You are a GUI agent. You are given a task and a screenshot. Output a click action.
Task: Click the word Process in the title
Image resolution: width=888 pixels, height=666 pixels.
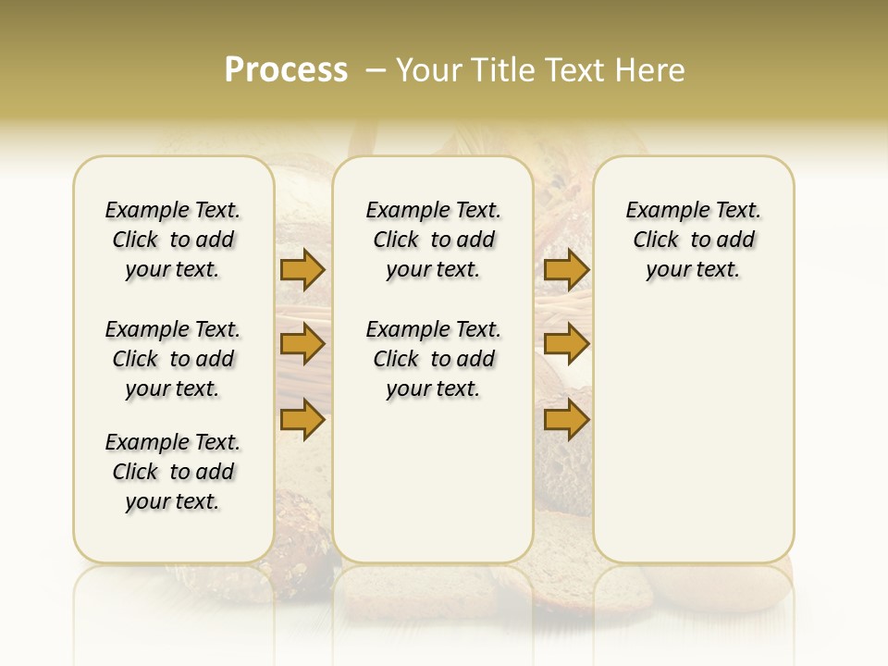pos(286,70)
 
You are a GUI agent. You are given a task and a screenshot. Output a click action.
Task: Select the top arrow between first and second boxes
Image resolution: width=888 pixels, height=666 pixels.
pos(302,269)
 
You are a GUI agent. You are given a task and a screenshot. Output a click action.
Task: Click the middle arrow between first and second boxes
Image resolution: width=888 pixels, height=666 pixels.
pos(302,344)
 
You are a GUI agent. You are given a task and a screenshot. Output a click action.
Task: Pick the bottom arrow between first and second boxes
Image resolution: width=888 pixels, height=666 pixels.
pos(302,419)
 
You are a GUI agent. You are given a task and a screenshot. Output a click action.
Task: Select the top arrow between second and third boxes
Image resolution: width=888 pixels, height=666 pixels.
pos(566,269)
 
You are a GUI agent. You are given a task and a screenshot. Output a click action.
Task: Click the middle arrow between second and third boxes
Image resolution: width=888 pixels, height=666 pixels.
pos(566,344)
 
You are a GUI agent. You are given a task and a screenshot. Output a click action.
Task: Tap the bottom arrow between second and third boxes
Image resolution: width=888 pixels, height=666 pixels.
pos(566,419)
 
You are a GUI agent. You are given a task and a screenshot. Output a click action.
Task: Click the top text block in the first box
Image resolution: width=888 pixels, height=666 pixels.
pos(173,240)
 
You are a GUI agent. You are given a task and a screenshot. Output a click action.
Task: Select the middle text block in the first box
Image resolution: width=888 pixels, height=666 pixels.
pos(173,359)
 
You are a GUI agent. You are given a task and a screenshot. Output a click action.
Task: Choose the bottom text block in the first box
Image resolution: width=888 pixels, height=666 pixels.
pos(173,472)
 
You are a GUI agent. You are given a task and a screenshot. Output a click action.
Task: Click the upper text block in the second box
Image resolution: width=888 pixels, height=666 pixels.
pos(433,240)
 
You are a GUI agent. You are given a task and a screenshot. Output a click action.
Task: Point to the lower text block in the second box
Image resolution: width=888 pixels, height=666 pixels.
pos(433,359)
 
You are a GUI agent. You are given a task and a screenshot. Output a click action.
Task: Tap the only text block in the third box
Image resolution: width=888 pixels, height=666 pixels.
pos(694,240)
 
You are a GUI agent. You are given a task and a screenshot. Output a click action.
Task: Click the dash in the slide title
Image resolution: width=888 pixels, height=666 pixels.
pos(376,70)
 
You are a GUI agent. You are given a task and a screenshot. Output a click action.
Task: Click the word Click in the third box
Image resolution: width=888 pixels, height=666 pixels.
pos(656,240)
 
